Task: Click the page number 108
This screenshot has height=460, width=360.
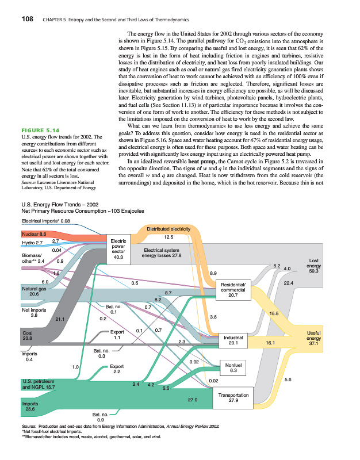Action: click(x=27, y=19)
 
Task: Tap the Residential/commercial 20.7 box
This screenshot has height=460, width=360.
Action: click(x=233, y=290)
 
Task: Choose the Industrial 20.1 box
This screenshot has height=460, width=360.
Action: click(x=233, y=339)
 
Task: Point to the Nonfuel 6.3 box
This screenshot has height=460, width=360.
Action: click(x=233, y=367)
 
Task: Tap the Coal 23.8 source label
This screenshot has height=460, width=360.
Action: click(x=28, y=335)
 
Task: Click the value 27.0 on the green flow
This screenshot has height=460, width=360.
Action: click(x=193, y=398)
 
